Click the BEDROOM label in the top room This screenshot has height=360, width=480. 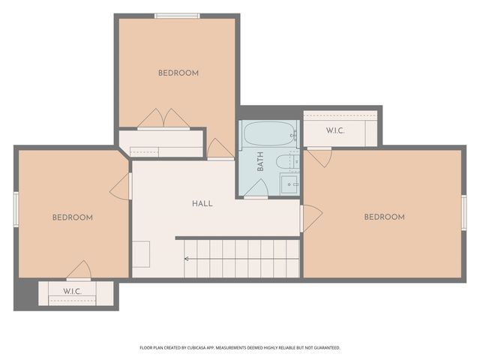(x=178, y=73)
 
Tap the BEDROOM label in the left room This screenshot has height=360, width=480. (x=73, y=217)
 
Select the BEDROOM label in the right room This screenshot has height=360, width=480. (x=384, y=217)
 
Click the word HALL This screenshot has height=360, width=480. (x=202, y=203)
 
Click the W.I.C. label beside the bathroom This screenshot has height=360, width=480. (x=335, y=131)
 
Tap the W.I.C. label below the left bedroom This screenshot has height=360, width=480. (x=72, y=291)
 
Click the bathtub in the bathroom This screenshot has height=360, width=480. (x=271, y=134)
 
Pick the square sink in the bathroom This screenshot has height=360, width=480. (x=289, y=184)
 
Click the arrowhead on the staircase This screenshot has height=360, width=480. (x=187, y=259)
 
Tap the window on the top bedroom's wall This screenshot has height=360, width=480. (x=176, y=15)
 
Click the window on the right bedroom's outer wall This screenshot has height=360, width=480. (x=463, y=213)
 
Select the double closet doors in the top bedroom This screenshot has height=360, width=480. (x=163, y=118)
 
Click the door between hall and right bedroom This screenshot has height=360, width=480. (x=310, y=217)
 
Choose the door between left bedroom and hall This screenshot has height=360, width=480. (x=120, y=187)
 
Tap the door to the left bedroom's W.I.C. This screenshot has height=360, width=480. (x=79, y=270)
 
